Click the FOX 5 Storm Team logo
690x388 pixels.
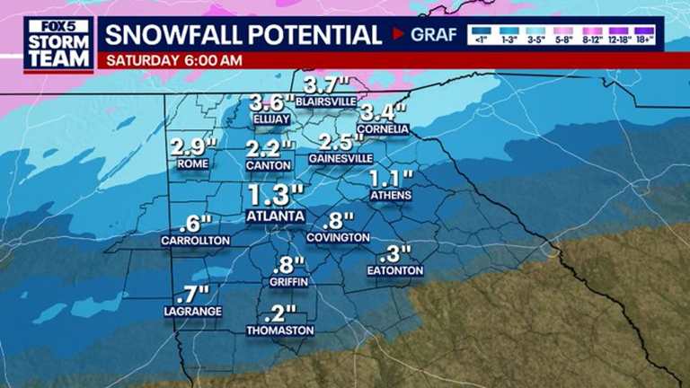(x=58, y=44)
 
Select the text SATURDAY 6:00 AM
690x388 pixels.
(x=174, y=61)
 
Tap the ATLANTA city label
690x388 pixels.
(x=275, y=216)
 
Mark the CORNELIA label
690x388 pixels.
(x=384, y=129)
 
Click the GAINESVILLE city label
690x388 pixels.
(x=341, y=158)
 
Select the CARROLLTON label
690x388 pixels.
(x=196, y=241)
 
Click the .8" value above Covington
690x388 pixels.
(x=337, y=220)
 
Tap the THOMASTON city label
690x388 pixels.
(x=280, y=331)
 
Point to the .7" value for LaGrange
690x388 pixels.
(x=192, y=292)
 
